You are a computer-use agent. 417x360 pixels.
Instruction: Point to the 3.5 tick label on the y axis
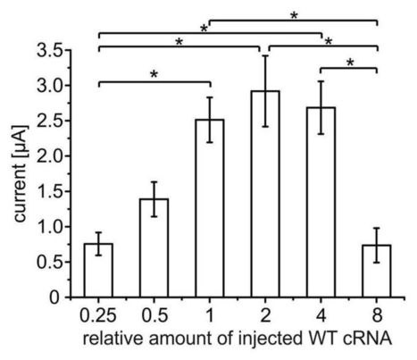[x=57, y=52]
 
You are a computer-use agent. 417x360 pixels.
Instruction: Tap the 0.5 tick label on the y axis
[x=57, y=262]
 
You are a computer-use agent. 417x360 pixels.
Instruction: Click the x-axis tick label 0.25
[x=97, y=314]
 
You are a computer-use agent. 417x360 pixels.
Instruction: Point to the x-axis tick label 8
[x=377, y=314]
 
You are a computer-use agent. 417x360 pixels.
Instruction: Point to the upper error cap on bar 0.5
[x=153, y=182]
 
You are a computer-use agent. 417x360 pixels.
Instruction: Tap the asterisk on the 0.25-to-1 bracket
[x=154, y=75]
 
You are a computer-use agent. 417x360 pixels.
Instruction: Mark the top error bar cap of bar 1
[x=209, y=97]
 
